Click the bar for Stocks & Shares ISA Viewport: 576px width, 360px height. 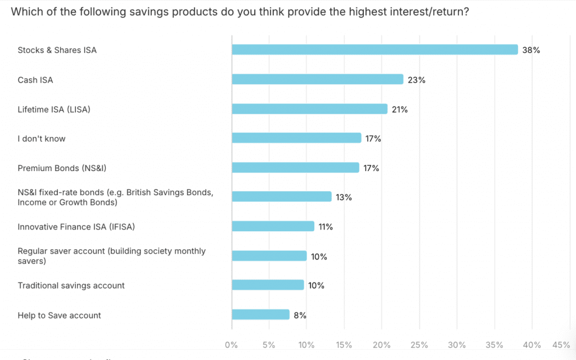[x=375, y=49]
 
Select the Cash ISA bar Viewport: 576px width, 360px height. [x=318, y=79]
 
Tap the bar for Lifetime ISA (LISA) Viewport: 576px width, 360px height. [x=310, y=109]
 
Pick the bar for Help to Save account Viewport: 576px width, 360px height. [x=260, y=315]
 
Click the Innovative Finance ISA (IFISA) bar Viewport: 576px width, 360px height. [x=273, y=226]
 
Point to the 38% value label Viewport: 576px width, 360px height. [x=531, y=50]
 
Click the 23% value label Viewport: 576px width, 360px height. [x=417, y=80]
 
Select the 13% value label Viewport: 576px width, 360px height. [x=344, y=197]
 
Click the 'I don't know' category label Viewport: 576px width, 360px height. [x=42, y=138]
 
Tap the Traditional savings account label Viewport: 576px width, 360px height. [x=71, y=286]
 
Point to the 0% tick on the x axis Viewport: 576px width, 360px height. [x=231, y=344]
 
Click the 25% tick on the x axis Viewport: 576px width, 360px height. [x=419, y=344]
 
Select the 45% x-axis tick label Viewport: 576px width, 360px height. [x=561, y=344]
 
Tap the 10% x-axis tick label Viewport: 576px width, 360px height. [x=307, y=344]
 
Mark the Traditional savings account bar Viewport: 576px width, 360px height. [x=268, y=285]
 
